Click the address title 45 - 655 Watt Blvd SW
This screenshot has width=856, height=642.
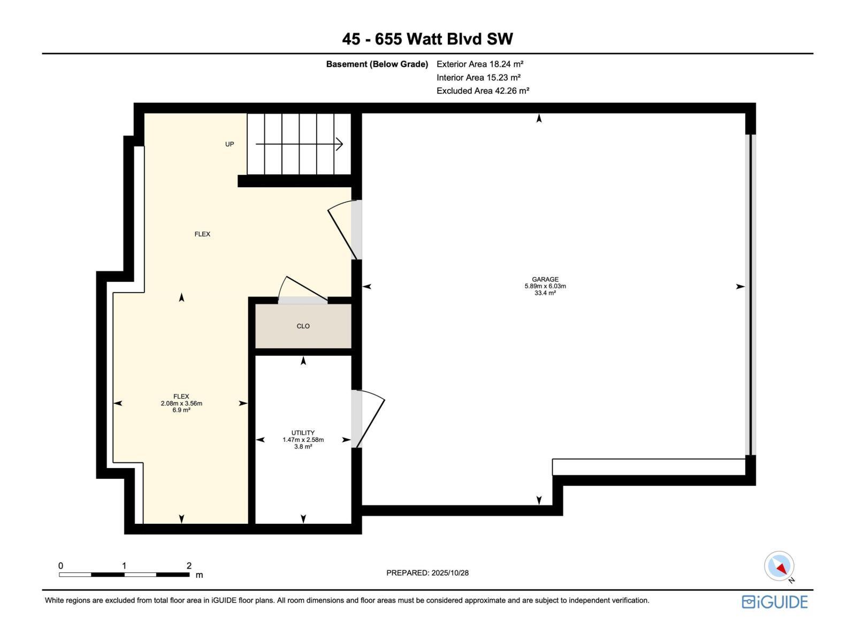427,39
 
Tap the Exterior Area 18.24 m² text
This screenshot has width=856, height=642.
479,64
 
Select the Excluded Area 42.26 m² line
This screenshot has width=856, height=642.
483,90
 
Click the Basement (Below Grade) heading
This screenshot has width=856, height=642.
377,64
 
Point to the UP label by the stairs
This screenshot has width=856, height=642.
230,144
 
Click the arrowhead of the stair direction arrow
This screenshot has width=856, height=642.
339,144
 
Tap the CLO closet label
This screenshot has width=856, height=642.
303,326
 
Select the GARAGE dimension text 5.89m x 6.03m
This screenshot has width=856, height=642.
545,286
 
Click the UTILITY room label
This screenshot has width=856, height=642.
303,433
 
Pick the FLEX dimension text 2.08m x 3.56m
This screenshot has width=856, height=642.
181,403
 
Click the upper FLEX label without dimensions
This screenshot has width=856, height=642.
202,234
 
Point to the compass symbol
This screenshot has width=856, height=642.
779,566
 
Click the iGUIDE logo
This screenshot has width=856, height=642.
774,602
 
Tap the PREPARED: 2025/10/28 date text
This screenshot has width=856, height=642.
427,572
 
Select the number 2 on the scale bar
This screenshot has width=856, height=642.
189,565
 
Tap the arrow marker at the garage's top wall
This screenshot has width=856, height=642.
539,119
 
